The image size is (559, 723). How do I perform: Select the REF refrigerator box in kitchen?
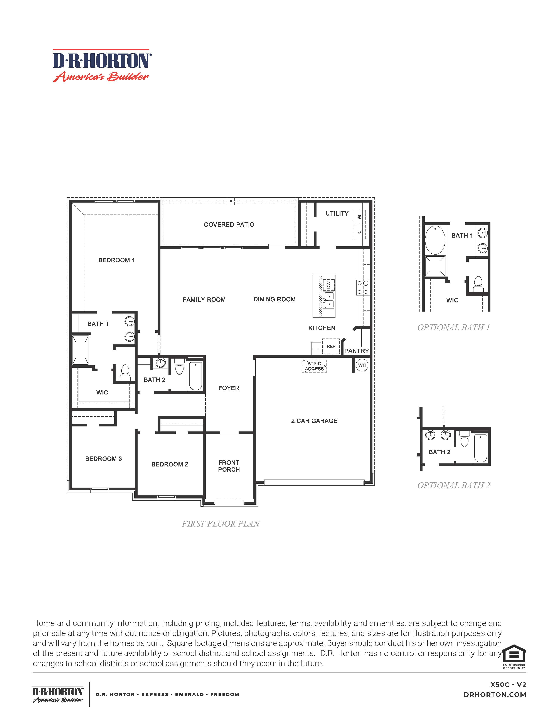[x=331, y=346]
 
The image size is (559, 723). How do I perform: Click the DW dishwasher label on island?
[x=328, y=285]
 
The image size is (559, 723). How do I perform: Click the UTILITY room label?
[x=337, y=213]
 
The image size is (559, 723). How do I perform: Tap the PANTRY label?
[x=356, y=351]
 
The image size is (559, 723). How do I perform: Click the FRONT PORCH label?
[x=229, y=466]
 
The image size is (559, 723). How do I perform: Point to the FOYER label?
[x=229, y=388]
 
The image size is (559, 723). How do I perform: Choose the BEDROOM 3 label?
[x=103, y=458]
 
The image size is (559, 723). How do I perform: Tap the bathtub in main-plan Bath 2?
[x=195, y=376]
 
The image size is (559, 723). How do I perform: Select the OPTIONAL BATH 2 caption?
[x=453, y=485]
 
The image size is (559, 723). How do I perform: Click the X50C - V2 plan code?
[x=508, y=685]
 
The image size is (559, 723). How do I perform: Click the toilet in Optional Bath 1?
[x=478, y=284]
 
